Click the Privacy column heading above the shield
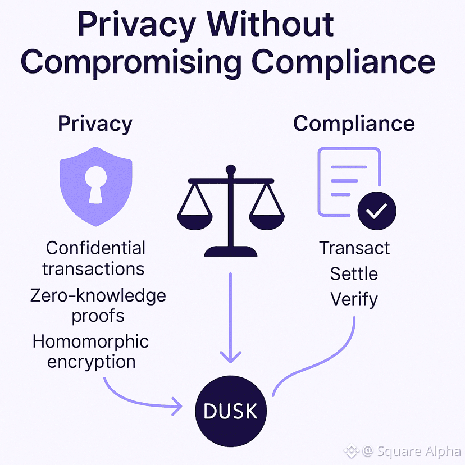pos(95,124)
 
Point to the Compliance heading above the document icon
pos(354,124)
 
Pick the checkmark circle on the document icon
pos(377,211)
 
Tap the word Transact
pos(354,248)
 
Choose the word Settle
pos(354,273)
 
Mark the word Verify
pos(354,299)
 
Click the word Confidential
pos(95,248)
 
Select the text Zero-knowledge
pos(98,295)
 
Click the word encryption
pos(92,361)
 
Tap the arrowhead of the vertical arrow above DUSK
pos(230,355)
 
